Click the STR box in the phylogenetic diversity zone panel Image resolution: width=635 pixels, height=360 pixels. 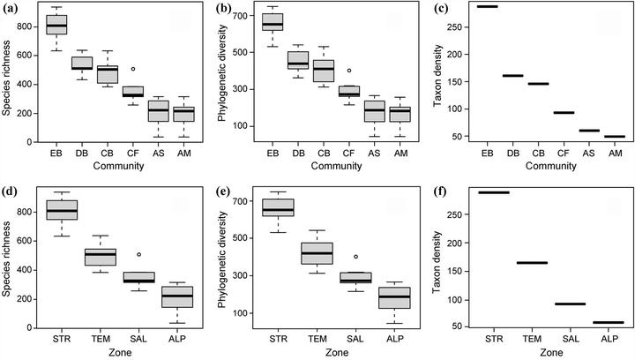pyautogui.click(x=278, y=207)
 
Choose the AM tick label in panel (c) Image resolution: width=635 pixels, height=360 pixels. pyautogui.click(x=613, y=153)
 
